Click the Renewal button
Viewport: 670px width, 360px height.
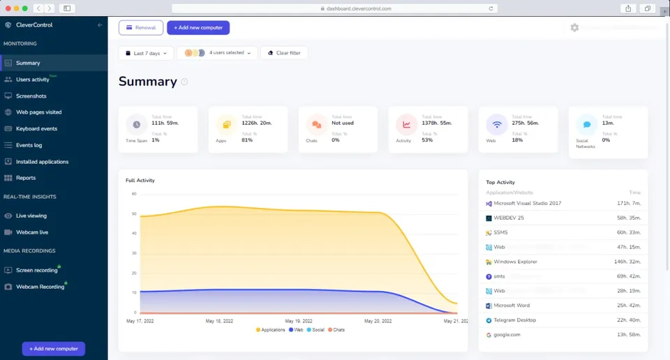click(141, 28)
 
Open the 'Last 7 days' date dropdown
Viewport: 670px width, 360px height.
click(147, 53)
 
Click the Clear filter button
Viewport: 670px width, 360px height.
click(284, 53)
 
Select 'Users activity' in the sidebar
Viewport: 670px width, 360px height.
click(33, 80)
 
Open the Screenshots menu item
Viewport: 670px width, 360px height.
click(31, 96)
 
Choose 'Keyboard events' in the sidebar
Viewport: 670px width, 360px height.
click(36, 128)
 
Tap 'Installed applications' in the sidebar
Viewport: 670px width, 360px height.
click(42, 162)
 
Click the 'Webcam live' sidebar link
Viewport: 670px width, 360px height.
click(32, 232)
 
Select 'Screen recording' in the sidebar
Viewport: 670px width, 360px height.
click(36, 270)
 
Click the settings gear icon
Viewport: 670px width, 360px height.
click(574, 28)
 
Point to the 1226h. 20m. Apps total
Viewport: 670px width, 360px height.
click(258, 123)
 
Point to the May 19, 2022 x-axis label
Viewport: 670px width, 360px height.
click(298, 321)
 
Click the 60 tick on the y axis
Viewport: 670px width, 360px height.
click(133, 194)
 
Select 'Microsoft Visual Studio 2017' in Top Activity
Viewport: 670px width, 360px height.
click(527, 204)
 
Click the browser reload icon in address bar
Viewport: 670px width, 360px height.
click(492, 8)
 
